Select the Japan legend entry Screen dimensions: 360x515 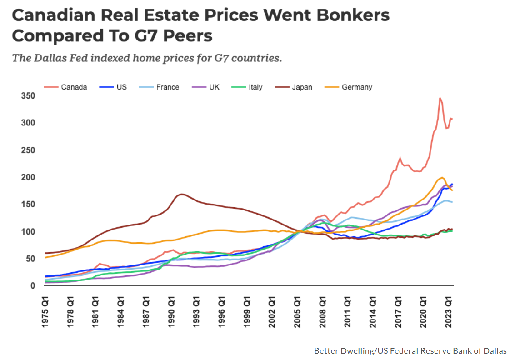pyautogui.click(x=302, y=87)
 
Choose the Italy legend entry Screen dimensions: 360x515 pyautogui.click(x=255, y=87)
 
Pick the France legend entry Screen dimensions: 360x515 pyautogui.click(x=168, y=87)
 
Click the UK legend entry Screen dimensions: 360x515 pyautogui.click(x=214, y=87)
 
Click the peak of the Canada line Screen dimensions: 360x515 pyautogui.click(x=440, y=98)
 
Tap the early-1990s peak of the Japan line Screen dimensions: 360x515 pyautogui.click(x=182, y=195)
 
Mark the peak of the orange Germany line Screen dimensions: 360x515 pyautogui.click(x=442, y=177)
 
